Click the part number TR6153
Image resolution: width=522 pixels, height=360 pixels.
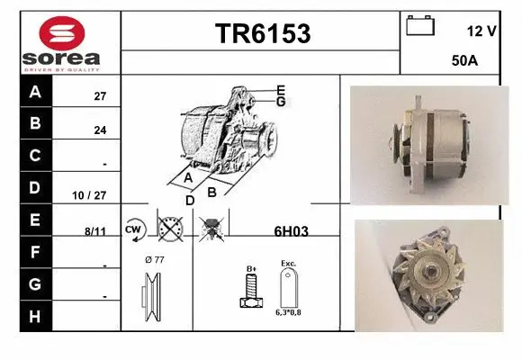click(x=262, y=33)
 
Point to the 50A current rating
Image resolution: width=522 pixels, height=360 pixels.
click(x=464, y=62)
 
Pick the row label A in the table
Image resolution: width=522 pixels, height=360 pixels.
click(x=35, y=92)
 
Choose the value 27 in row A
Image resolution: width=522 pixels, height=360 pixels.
click(x=100, y=95)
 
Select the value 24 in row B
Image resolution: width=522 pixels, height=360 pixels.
click(x=100, y=130)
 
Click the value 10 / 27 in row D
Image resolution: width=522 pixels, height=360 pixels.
click(x=94, y=194)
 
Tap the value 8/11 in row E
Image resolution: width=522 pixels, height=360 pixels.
click(x=94, y=231)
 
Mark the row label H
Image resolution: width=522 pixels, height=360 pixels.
click(x=35, y=316)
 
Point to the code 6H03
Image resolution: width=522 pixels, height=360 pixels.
click(x=291, y=231)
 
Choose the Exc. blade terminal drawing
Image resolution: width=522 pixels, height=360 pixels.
click(x=288, y=288)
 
